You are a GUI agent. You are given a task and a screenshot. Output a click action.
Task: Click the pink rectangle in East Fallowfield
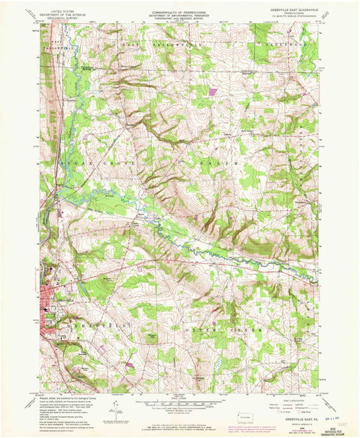[x=213, y=89]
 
